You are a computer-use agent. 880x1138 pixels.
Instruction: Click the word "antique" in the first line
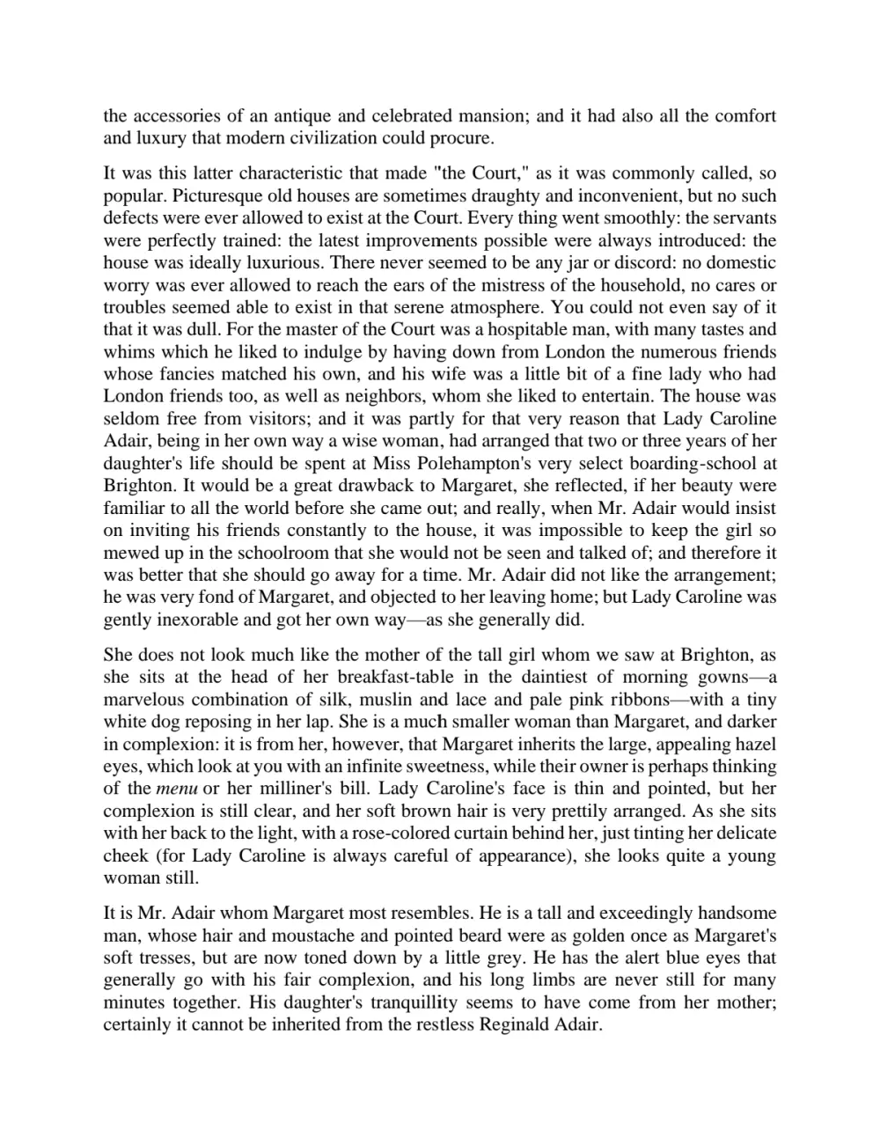click(304, 116)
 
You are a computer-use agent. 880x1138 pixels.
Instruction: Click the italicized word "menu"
click(176, 789)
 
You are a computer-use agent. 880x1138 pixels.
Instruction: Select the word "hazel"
click(756, 744)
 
